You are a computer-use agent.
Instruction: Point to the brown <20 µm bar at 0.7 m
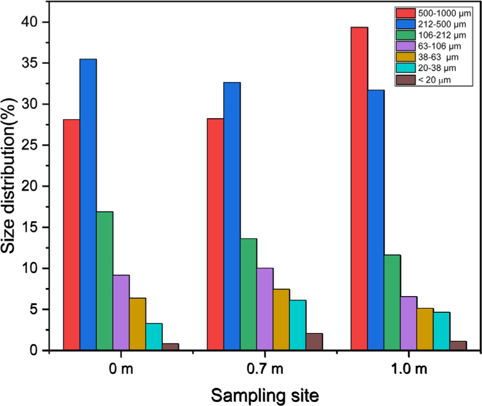[x=314, y=342]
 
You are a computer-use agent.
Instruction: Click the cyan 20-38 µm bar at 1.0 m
[x=442, y=331]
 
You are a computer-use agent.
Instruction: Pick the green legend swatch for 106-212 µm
[x=406, y=35]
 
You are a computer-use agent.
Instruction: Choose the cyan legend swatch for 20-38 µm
[x=406, y=68]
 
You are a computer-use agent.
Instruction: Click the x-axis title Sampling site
[x=264, y=396]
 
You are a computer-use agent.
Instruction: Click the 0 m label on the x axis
[x=121, y=370]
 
